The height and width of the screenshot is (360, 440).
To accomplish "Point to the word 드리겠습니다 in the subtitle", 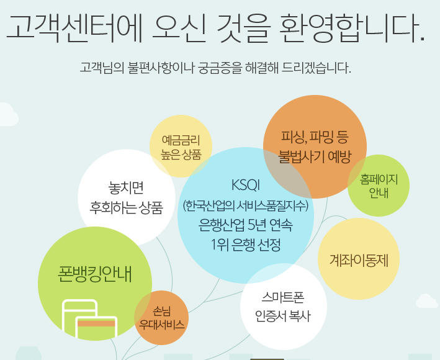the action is click(x=318, y=66).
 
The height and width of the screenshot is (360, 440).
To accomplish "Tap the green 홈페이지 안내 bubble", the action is click(x=379, y=186).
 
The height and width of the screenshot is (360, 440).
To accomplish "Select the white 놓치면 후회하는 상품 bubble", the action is click(x=127, y=197).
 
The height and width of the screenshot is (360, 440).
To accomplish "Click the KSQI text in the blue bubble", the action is click(x=245, y=185).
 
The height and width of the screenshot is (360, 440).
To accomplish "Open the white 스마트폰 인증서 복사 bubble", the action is click(x=282, y=307).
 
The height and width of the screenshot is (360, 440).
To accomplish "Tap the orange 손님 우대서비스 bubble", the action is click(x=161, y=318).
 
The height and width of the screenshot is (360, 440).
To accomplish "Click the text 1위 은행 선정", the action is click(x=246, y=244).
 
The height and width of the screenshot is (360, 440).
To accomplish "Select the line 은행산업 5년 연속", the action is click(x=246, y=224).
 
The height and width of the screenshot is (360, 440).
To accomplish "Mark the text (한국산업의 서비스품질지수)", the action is click(x=246, y=205).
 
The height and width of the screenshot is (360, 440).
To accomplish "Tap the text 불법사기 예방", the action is click(x=315, y=155).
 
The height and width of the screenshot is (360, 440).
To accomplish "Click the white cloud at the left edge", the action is click(x=6, y=115).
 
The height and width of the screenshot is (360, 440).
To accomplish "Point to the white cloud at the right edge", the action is click(x=427, y=301).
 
